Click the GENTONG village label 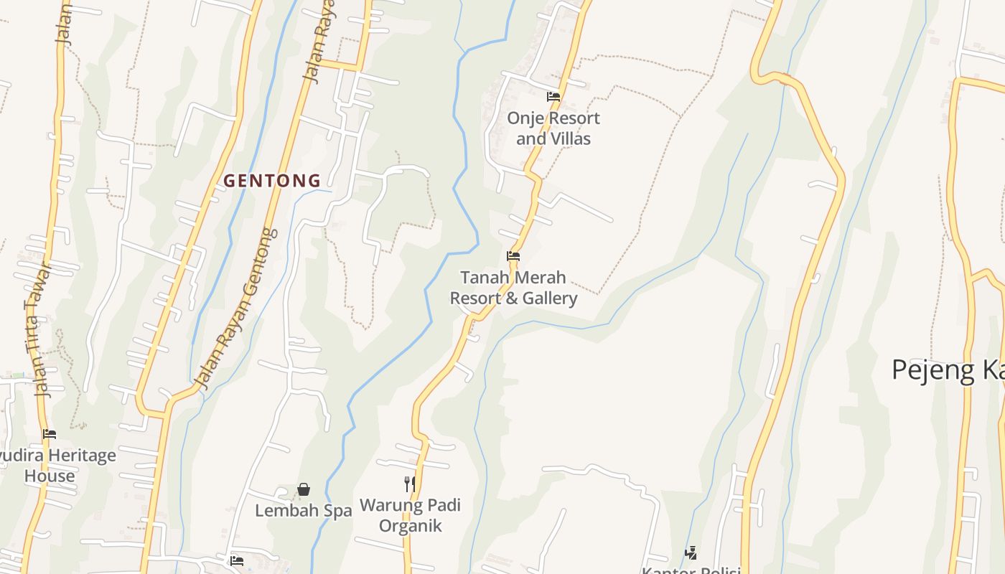[x=272, y=181]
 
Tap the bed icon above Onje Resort [x=553, y=97]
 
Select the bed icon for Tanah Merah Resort [x=513, y=256]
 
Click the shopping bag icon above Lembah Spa [x=304, y=490]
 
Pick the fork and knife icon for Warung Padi [x=409, y=484]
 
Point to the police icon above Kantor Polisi [x=691, y=552]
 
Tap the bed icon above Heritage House [x=49, y=434]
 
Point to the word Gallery [x=550, y=298]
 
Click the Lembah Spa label [x=304, y=511]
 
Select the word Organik [x=410, y=526]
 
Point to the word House [x=50, y=476]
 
